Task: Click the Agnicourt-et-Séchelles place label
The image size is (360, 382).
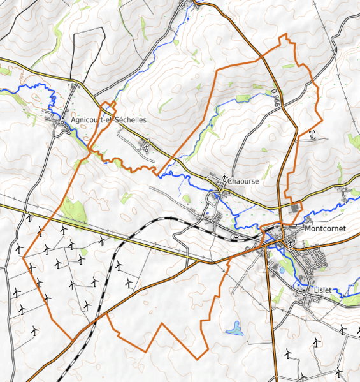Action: [x=109, y=120]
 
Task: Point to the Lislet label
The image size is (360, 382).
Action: [x=324, y=289]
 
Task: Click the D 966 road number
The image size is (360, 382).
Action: [x=275, y=99]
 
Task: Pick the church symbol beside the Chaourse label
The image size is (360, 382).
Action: [x=225, y=179]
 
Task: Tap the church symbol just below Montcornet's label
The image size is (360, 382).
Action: [x=291, y=242]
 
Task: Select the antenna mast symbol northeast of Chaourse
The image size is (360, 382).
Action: [x=312, y=134]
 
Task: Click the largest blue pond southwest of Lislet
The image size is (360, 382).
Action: [x=235, y=329]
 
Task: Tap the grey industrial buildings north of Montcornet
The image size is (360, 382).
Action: [x=295, y=208]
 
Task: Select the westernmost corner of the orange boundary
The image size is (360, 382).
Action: [x=24, y=260]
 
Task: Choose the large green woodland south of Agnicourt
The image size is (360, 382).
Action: [x=75, y=209]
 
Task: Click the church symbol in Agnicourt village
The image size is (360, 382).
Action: [x=64, y=120]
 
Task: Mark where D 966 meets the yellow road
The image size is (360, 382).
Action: [x=281, y=206]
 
